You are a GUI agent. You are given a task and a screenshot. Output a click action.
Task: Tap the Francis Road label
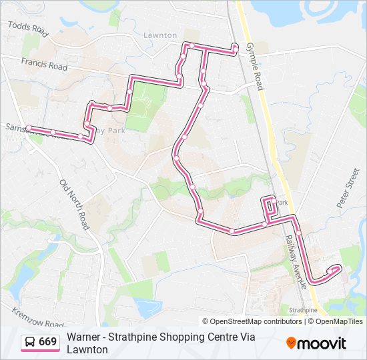tap(44, 65)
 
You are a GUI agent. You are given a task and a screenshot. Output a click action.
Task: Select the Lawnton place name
tap(160, 35)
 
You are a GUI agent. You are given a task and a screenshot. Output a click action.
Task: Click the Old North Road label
tap(74, 204)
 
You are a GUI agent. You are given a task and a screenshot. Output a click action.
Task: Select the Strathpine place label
tap(304, 310)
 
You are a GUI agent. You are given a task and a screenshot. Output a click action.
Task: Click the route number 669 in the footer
tap(47, 342)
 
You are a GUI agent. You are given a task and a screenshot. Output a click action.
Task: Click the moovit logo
tap(316, 343)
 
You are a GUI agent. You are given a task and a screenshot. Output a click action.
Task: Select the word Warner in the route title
tap(84, 337)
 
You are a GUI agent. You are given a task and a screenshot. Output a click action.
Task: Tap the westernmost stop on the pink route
tap(29, 127)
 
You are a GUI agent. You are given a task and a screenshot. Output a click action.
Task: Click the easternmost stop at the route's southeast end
tap(338, 268)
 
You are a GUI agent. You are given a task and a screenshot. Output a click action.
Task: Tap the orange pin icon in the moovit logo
tap(291, 343)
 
